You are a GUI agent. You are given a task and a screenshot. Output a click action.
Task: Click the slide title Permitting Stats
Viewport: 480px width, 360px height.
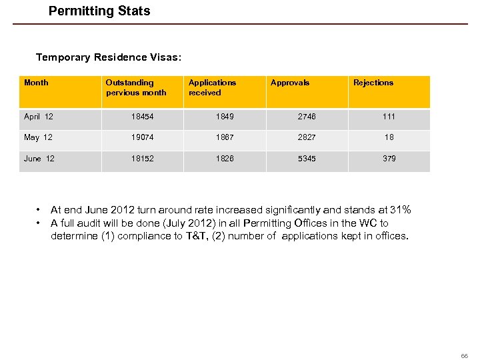[99, 11]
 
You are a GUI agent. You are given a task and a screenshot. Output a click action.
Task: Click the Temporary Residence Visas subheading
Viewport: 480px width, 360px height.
[108, 57]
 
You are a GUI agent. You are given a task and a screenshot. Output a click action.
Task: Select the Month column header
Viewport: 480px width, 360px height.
[36, 83]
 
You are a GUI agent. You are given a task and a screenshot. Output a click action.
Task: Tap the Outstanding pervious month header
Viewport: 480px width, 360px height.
[136, 87]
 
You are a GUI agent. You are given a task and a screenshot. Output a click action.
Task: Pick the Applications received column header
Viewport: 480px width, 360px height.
[212, 87]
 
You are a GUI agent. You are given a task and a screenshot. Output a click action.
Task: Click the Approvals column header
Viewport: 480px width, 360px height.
[290, 83]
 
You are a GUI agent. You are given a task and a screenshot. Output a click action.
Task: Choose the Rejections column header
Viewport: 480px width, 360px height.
[373, 83]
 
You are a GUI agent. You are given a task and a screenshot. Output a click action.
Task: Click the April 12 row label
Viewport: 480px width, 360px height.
[39, 117]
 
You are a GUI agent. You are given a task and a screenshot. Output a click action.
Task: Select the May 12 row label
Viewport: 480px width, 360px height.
[38, 137]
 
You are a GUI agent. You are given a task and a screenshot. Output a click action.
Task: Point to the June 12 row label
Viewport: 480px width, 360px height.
[41, 159]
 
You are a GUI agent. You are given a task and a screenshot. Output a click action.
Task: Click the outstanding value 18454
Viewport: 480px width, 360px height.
[142, 117]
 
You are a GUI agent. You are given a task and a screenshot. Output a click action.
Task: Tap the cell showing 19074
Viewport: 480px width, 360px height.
[142, 137]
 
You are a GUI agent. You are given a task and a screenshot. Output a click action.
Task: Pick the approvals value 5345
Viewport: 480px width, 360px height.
[307, 159]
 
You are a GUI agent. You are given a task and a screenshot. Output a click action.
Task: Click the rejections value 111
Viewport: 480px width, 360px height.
[389, 117]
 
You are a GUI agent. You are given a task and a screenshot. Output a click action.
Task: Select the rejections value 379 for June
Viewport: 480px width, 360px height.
[389, 159]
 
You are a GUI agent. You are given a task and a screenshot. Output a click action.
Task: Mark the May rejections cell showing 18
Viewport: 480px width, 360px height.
[389, 137]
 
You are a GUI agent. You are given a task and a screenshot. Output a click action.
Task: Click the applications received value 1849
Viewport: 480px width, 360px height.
[225, 117]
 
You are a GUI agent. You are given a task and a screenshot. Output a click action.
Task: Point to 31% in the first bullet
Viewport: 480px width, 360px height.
[401, 210]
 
